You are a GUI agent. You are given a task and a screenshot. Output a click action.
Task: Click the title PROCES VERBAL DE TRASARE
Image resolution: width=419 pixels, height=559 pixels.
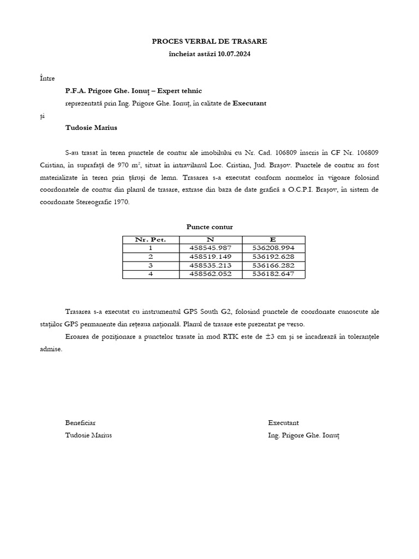[x=209, y=41]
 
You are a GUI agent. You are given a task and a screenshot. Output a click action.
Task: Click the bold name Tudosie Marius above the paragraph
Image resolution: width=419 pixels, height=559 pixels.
[x=91, y=128]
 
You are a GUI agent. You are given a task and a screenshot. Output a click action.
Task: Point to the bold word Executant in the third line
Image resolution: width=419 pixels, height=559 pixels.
[x=249, y=103]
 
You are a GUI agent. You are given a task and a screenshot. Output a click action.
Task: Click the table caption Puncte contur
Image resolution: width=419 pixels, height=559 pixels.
[x=209, y=227]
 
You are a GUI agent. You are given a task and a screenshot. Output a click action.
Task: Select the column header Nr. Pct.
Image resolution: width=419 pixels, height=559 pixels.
[x=151, y=240]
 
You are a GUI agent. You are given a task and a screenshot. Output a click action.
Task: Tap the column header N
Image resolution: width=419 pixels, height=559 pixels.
[x=210, y=240]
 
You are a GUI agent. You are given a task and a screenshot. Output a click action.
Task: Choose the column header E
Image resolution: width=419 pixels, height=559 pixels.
[x=273, y=240]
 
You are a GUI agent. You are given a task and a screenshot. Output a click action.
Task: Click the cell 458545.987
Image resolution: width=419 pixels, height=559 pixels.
[x=210, y=248]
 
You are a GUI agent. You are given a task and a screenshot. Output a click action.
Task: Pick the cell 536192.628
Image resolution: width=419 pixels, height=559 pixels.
[x=273, y=257]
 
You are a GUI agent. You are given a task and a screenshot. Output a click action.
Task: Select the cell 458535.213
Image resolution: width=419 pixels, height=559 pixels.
[x=210, y=265]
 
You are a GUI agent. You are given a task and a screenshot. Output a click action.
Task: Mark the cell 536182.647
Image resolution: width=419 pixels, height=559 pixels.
[x=273, y=274]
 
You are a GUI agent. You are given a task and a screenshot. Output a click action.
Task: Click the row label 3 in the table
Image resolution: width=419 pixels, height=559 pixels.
[x=151, y=265]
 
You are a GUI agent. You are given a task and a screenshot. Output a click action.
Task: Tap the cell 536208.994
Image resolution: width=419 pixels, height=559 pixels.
[x=273, y=248]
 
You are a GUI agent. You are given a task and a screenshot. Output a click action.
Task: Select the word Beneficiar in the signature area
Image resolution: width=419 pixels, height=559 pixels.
[x=80, y=423]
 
